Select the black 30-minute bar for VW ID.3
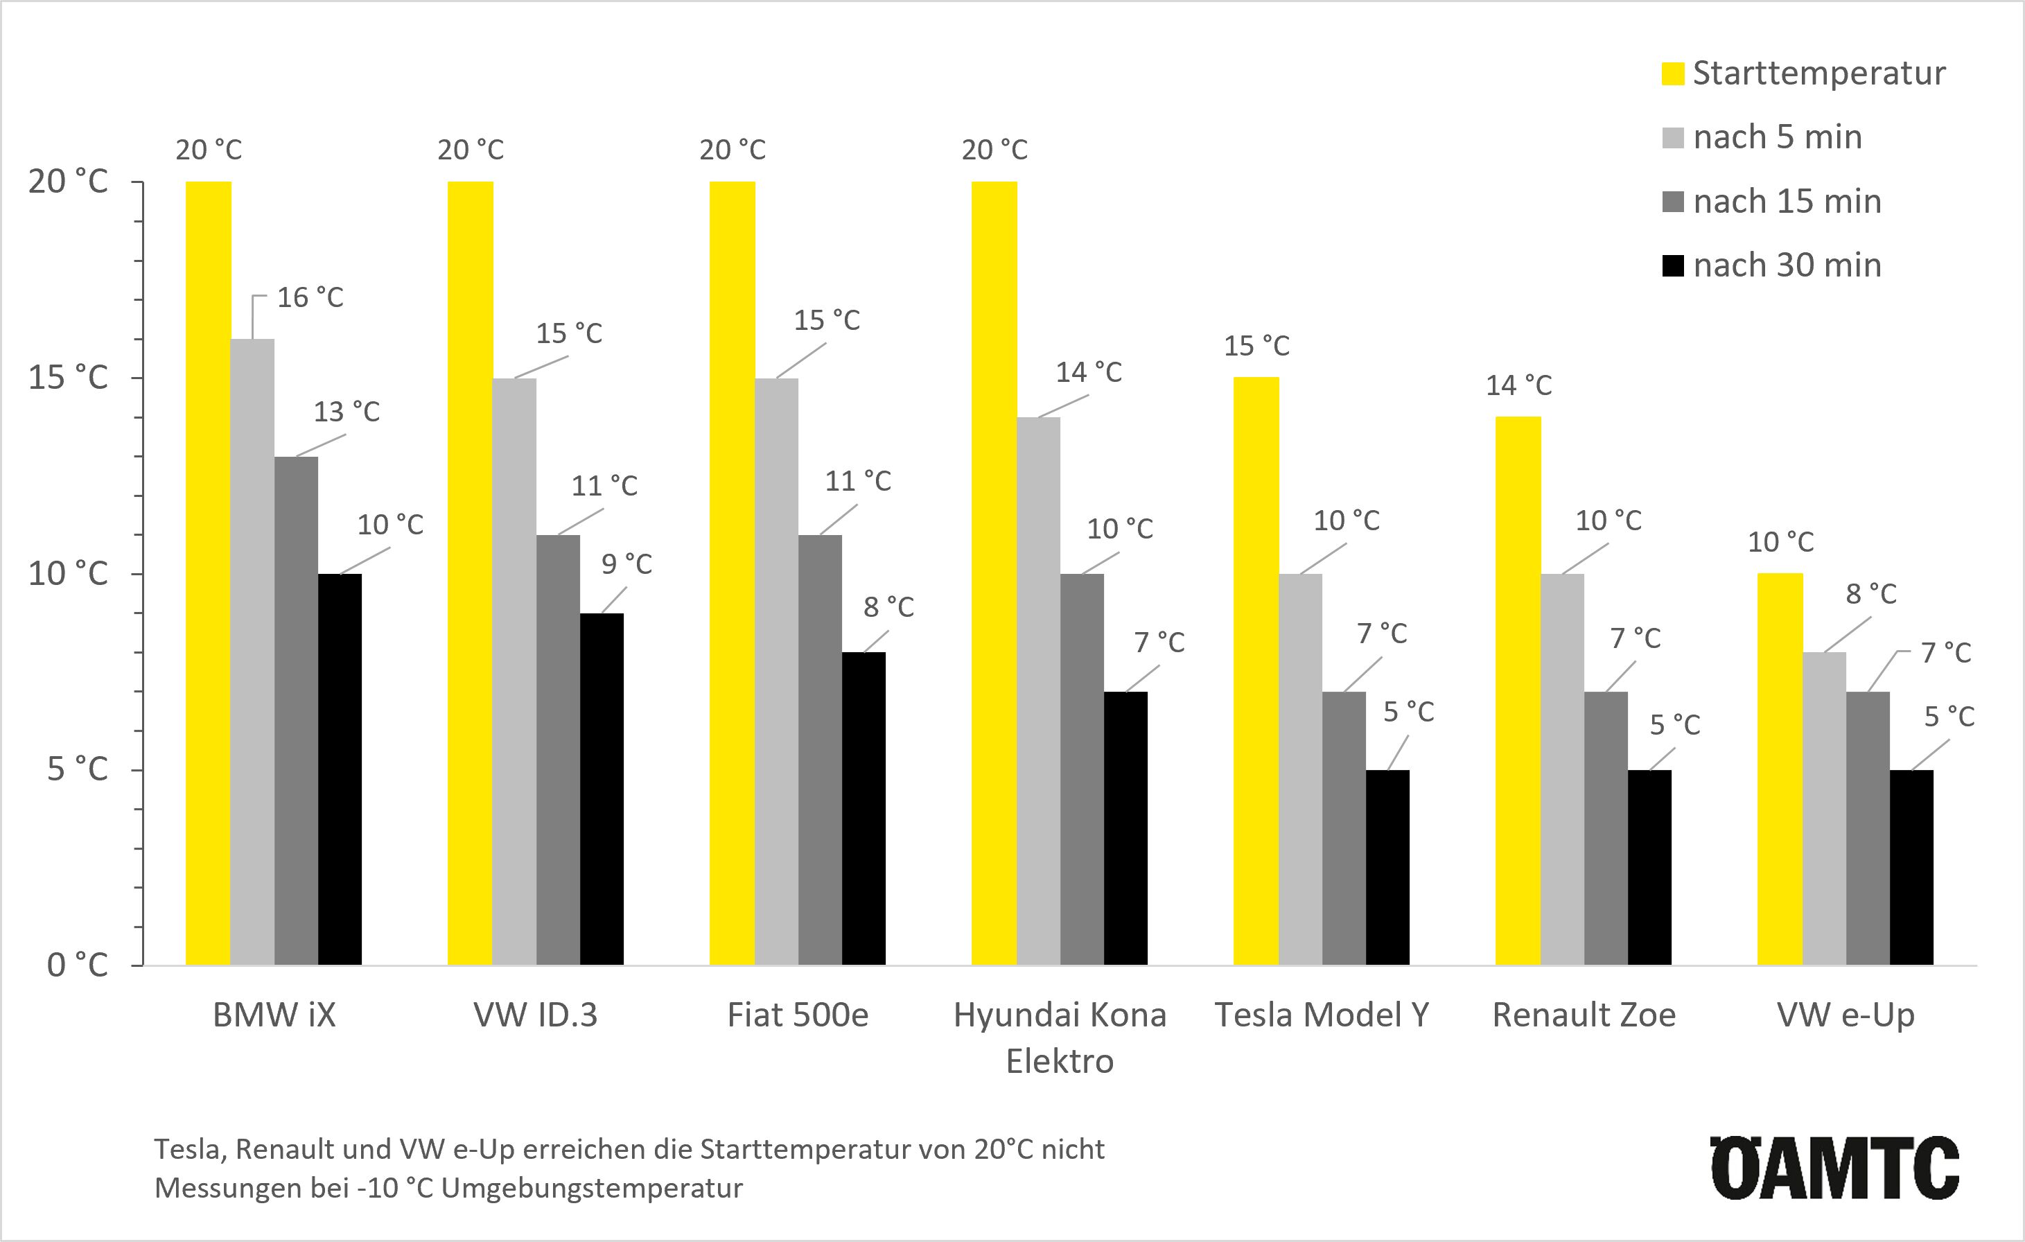point(602,789)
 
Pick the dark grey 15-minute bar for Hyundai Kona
point(1082,769)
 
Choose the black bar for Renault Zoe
point(1649,867)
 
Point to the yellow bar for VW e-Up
point(1780,769)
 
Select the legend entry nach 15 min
point(1787,202)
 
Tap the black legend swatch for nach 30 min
point(1672,265)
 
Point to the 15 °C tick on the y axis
point(69,378)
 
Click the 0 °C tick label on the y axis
point(77,965)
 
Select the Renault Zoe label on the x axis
point(1584,1015)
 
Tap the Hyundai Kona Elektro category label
point(1060,1038)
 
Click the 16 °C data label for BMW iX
point(310,297)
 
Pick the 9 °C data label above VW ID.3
point(626,564)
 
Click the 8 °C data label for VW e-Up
point(1871,593)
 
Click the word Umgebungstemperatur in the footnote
point(592,1189)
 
